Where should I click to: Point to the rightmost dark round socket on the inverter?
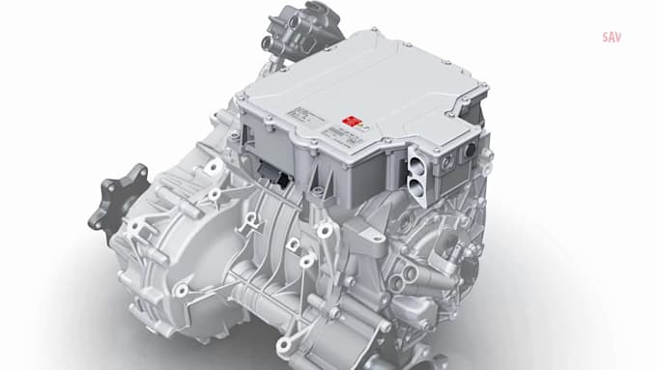471,153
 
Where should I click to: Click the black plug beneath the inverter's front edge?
281,179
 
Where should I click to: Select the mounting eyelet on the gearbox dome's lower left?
181,290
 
